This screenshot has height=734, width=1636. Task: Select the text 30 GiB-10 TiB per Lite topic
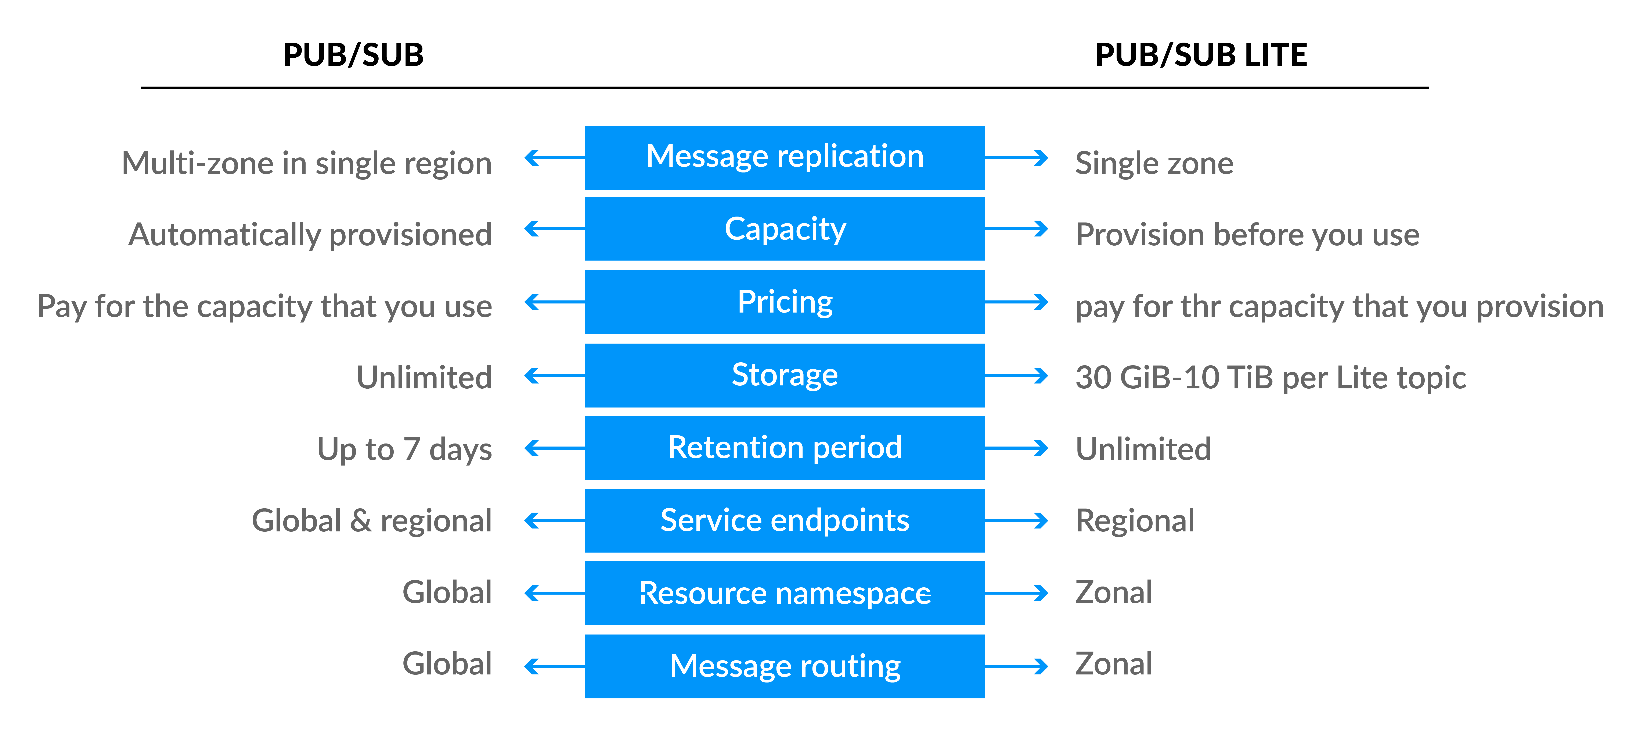(x=1270, y=377)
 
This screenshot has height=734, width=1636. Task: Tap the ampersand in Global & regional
(x=361, y=520)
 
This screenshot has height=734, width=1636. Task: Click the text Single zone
(x=1154, y=163)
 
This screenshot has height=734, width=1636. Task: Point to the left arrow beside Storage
(x=552, y=375)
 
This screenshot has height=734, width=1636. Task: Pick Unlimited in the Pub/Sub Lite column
(x=1143, y=449)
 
